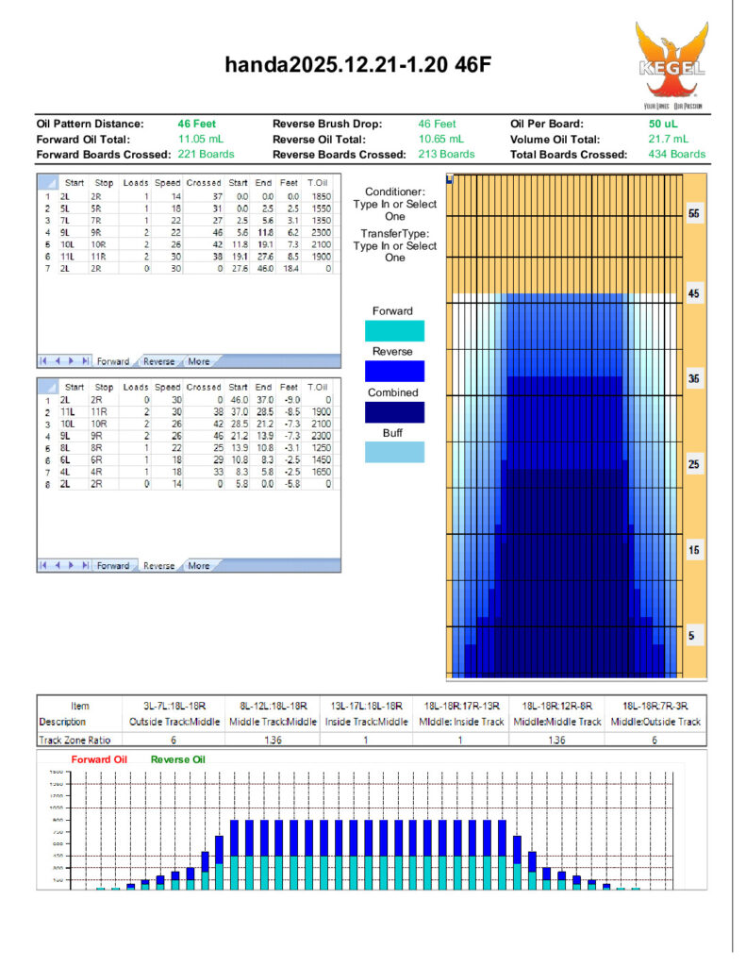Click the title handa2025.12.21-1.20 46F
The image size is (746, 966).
point(357,65)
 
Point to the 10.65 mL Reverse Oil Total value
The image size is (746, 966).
point(441,139)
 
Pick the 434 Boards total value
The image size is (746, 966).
point(676,154)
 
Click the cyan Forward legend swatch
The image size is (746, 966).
point(393,330)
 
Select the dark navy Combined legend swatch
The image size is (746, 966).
point(393,412)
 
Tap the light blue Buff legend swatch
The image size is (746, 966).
point(393,452)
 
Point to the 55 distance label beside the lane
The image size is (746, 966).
point(694,215)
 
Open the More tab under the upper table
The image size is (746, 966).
point(199,361)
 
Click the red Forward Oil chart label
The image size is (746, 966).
point(98,758)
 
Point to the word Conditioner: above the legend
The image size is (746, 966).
point(395,192)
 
